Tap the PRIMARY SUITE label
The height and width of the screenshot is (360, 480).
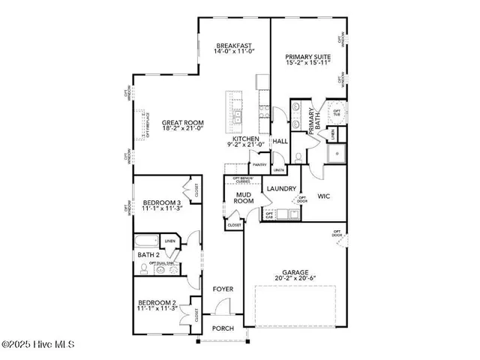coord(307,56)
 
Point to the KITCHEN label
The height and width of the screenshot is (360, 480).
coord(245,139)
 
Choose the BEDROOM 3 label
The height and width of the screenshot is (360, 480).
coord(162,203)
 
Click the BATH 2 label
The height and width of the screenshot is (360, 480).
coord(148,255)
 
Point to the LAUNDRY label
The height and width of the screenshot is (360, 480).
coord(282,189)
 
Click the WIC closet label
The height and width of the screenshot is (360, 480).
coord(324,196)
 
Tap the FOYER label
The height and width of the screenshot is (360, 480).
coord(223,289)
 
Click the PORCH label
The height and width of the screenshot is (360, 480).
coord(223,328)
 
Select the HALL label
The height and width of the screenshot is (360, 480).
coord(280,141)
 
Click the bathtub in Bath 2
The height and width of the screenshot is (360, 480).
coord(146,241)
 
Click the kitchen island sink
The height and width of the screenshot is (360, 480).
coord(236,118)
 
